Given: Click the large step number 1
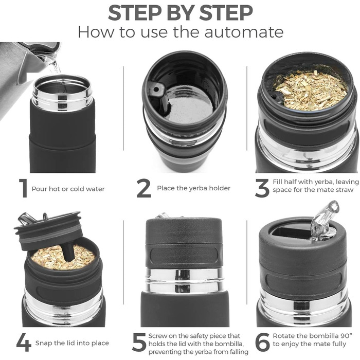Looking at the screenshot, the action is click(23, 188).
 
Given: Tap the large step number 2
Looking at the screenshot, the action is click(144, 188).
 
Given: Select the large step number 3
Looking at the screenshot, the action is click(262, 188).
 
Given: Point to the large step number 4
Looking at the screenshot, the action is click(24, 342).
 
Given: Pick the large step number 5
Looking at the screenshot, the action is click(139, 342).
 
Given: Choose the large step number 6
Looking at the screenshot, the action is click(262, 342).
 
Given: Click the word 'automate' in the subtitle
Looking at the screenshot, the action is click(244, 32).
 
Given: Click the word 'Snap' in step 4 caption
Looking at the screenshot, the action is click(44, 343).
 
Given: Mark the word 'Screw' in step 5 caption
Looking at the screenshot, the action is click(157, 336).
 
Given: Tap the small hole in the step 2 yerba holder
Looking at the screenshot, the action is click(156, 89).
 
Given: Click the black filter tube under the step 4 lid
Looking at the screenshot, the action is click(68, 253).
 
